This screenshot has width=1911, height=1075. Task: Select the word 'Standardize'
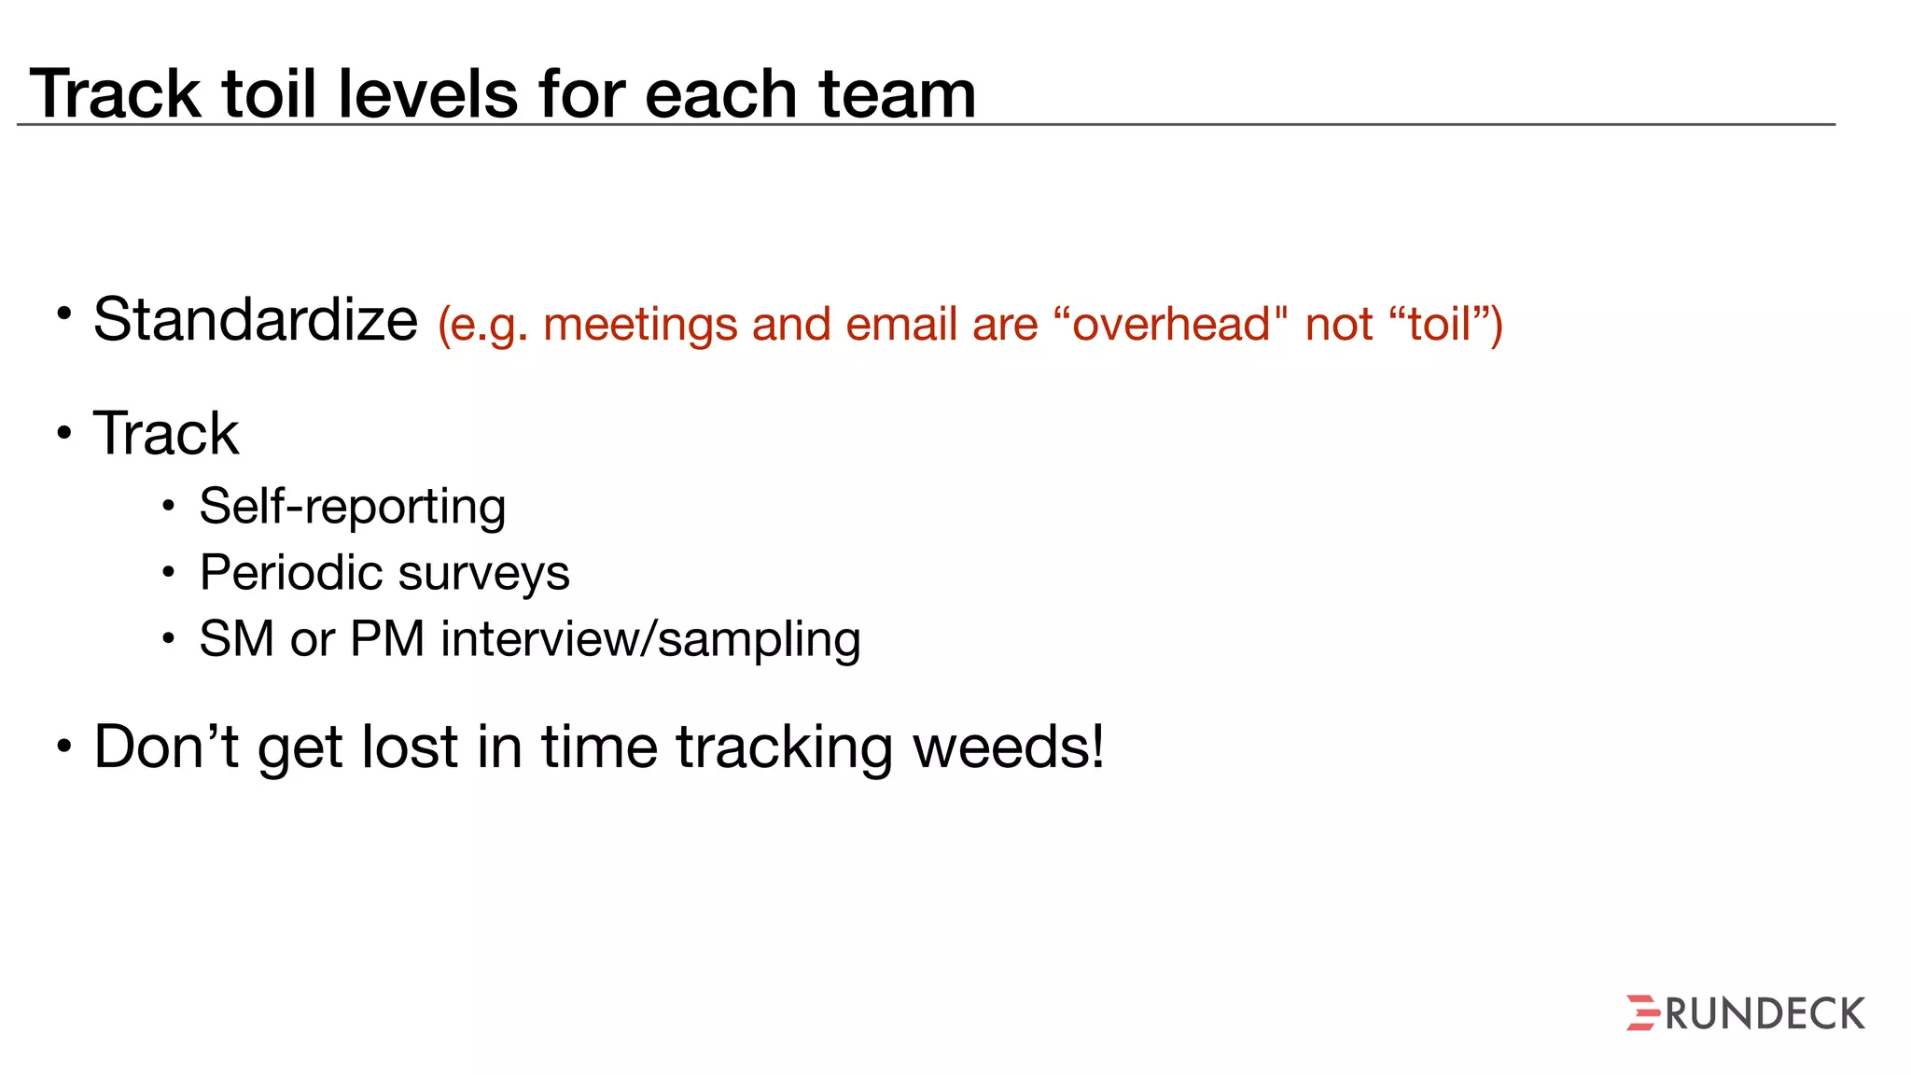(x=256, y=320)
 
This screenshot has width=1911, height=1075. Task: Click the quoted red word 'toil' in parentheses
(x=1440, y=325)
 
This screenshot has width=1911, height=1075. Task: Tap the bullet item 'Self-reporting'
(x=352, y=507)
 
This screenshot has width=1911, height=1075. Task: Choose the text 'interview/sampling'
(x=650, y=640)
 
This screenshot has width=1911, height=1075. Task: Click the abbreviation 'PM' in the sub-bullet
(x=387, y=639)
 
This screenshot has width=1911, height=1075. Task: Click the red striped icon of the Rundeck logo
(x=1643, y=1012)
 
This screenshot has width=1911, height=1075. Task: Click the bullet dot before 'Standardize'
(x=63, y=314)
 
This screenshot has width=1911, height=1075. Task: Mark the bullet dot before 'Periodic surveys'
(x=168, y=572)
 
